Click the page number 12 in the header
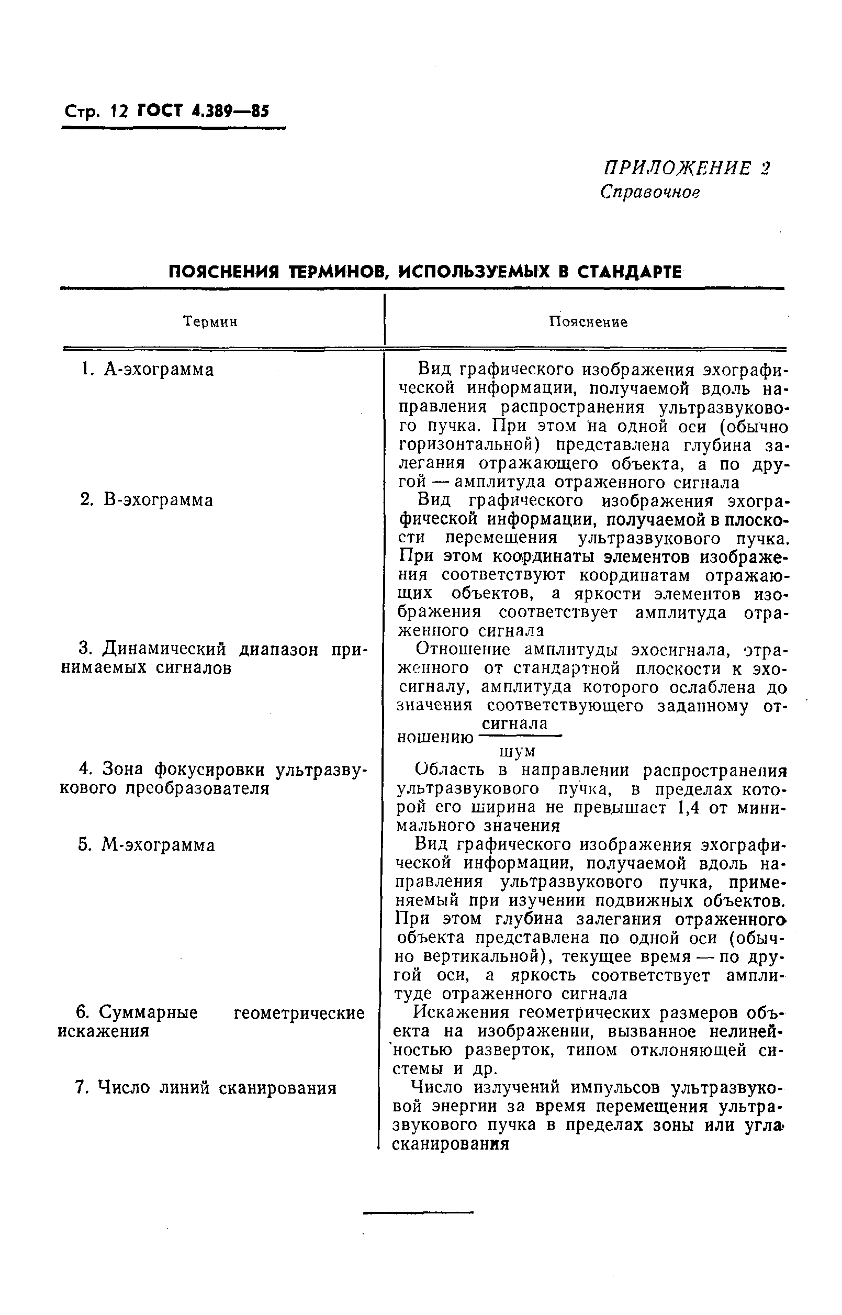118,112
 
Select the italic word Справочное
650,192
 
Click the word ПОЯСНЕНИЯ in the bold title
224,272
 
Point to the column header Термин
210,322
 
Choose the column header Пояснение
588,322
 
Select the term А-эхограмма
159,370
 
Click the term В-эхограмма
158,500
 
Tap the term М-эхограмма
158,846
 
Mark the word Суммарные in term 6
149,1012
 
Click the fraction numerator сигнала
514,724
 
